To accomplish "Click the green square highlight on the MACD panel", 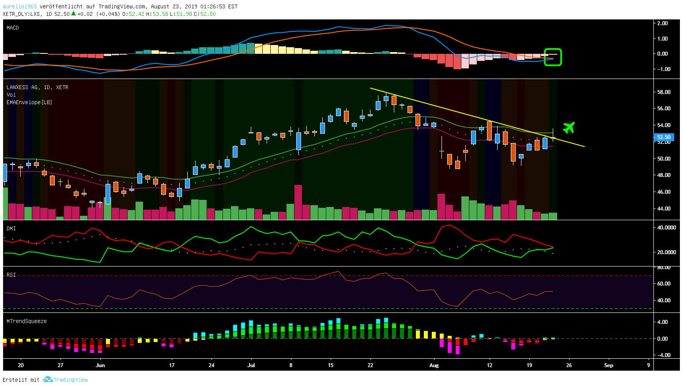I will pos(552,57).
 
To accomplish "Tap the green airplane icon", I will pos(569,128).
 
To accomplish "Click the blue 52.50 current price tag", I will pos(664,137).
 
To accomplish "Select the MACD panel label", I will pos(13,28).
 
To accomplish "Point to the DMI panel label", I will pos(11,229).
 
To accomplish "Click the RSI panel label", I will pos(11,275).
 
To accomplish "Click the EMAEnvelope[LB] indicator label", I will pos(29,102).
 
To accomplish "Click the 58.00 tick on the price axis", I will pos(664,92).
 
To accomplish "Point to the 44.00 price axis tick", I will pos(664,208).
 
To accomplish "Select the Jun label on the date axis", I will pos(100,365).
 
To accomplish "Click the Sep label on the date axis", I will pos(608,365).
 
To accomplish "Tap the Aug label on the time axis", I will pos(434,365).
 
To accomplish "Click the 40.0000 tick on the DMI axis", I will pos(666,228).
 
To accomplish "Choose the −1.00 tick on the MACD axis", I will pos(662,69).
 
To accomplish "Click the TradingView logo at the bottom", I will pos(66,380).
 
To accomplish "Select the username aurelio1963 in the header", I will pos(19,7).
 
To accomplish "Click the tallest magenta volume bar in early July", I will pos(298,202).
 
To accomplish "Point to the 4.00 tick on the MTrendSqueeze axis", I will pos(662,322).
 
